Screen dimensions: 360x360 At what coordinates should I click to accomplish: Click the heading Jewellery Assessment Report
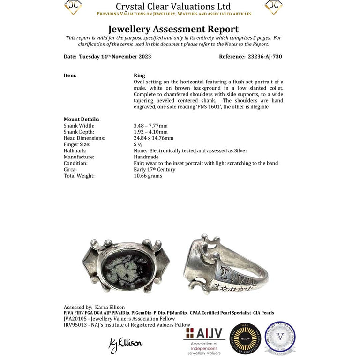173,29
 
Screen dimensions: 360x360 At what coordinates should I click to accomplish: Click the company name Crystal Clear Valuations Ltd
173,7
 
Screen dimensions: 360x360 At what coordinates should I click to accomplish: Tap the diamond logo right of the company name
274,7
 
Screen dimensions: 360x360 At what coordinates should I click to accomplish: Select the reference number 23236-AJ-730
264,57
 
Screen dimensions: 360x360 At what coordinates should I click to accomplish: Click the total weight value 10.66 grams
148,176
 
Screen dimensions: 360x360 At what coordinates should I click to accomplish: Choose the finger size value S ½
139,144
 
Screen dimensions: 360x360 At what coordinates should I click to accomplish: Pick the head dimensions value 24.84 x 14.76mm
154,138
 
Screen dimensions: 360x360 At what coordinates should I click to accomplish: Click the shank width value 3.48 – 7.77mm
150,126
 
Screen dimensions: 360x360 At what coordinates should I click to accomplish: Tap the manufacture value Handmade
147,157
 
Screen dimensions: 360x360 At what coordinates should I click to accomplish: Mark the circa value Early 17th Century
155,169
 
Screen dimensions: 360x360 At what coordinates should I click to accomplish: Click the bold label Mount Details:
82,120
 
